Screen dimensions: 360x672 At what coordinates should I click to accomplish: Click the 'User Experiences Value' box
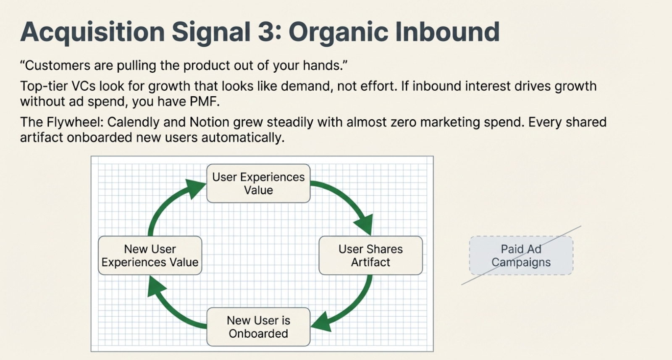tap(258, 184)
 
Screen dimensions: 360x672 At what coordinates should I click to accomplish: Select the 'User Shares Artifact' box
tap(370, 255)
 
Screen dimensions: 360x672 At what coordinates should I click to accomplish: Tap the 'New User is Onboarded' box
tap(258, 327)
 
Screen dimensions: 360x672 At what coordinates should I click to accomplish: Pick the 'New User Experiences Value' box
tap(150, 255)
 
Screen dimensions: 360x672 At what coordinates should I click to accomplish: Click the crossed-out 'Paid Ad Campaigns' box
tap(521, 255)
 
